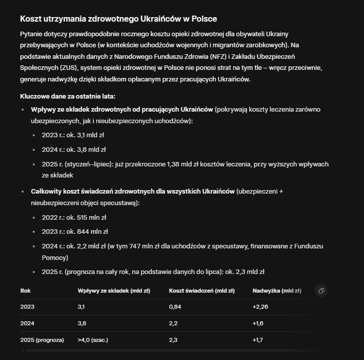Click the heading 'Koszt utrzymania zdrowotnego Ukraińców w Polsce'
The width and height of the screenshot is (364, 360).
[x=118, y=19]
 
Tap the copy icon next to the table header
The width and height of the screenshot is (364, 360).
[x=321, y=291]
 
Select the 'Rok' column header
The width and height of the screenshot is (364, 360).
[x=26, y=291]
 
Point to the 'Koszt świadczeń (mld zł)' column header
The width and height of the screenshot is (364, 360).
[x=202, y=291]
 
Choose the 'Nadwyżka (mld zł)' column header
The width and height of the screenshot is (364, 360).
[x=277, y=291]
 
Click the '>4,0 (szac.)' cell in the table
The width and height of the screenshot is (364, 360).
[x=93, y=340]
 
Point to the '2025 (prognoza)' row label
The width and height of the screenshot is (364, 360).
[x=42, y=340]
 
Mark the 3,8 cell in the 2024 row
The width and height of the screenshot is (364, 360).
[x=82, y=323]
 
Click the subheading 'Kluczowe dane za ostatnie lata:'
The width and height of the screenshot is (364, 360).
[x=67, y=96]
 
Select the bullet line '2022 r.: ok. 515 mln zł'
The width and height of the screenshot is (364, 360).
[x=74, y=218]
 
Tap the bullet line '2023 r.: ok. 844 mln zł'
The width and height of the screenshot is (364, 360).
[x=75, y=232]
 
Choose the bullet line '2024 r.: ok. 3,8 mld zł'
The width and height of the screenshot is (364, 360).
[x=74, y=149]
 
